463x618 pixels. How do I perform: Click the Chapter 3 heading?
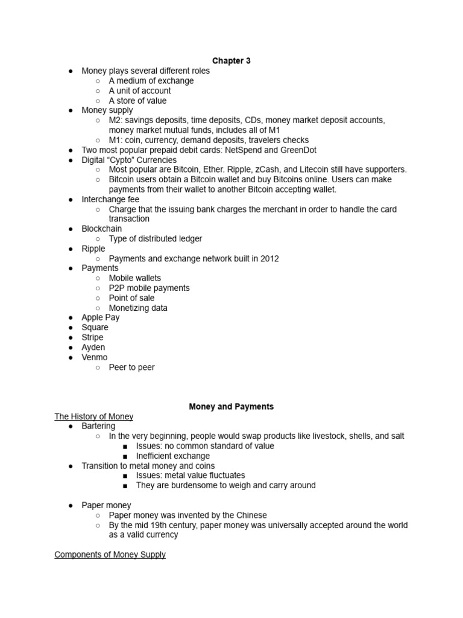(x=231, y=61)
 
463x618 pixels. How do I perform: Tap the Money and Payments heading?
(x=231, y=407)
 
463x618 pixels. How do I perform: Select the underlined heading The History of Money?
(x=94, y=416)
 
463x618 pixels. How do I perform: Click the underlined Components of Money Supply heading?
(x=110, y=555)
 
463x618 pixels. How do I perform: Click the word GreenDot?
(x=296, y=150)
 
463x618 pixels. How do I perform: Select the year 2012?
(x=268, y=258)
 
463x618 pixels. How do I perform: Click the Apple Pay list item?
(x=101, y=317)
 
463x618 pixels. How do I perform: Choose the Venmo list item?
(x=95, y=357)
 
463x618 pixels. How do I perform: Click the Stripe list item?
(x=93, y=337)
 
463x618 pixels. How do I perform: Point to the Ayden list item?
(x=93, y=347)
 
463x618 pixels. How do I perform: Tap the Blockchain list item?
(x=102, y=229)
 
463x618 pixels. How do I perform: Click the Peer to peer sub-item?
(x=131, y=367)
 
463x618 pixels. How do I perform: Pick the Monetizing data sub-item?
(x=138, y=308)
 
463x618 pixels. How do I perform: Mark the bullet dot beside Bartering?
(x=71, y=426)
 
